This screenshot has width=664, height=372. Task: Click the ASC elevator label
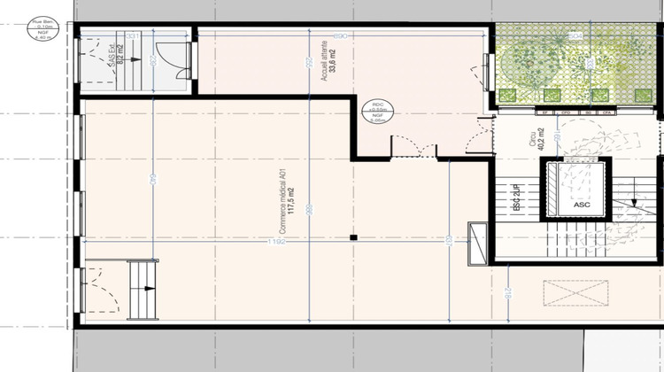click(580, 204)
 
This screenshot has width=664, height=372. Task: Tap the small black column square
click(352, 237)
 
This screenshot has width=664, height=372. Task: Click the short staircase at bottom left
click(142, 291)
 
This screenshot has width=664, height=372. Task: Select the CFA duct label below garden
click(607, 112)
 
